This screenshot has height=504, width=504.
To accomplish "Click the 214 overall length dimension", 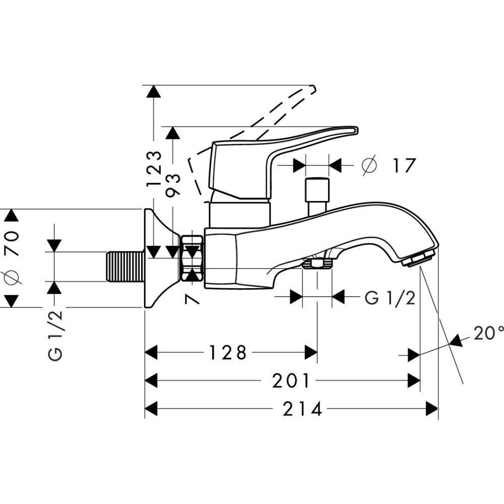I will click(x=302, y=409).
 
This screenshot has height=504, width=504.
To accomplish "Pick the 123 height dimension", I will click(x=154, y=169).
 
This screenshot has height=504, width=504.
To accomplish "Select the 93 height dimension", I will click(x=173, y=185).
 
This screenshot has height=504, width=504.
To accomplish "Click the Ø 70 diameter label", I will click(x=11, y=258).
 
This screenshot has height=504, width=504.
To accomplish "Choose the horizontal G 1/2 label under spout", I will click(x=390, y=298).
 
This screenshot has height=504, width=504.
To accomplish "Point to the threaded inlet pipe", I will click(x=125, y=266).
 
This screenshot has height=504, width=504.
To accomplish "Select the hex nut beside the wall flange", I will click(x=193, y=258).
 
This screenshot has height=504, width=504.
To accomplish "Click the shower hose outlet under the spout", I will click(x=317, y=264).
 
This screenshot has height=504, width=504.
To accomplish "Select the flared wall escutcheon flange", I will click(x=157, y=258).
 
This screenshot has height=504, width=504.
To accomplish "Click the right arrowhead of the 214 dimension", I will click(x=432, y=409).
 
